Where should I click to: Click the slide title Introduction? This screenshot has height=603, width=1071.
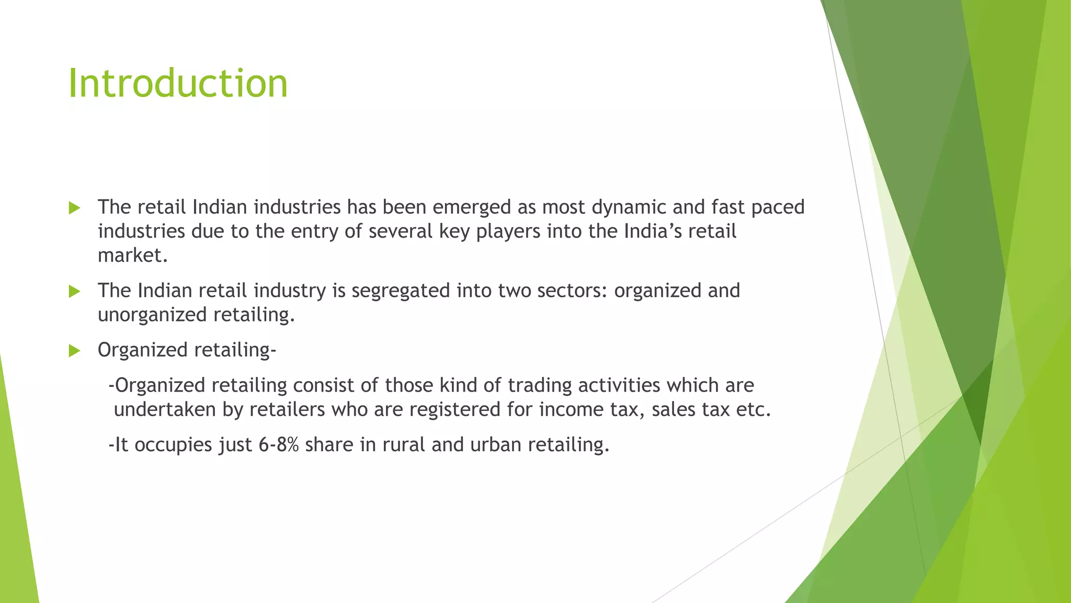point(178,84)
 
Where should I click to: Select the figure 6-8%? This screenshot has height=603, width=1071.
point(278,445)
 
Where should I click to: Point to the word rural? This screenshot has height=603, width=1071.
point(404,445)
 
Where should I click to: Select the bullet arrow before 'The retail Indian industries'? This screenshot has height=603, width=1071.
point(74,208)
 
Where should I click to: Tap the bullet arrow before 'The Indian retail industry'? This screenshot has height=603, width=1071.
point(74,291)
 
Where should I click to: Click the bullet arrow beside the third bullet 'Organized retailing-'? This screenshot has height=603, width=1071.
point(74,350)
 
